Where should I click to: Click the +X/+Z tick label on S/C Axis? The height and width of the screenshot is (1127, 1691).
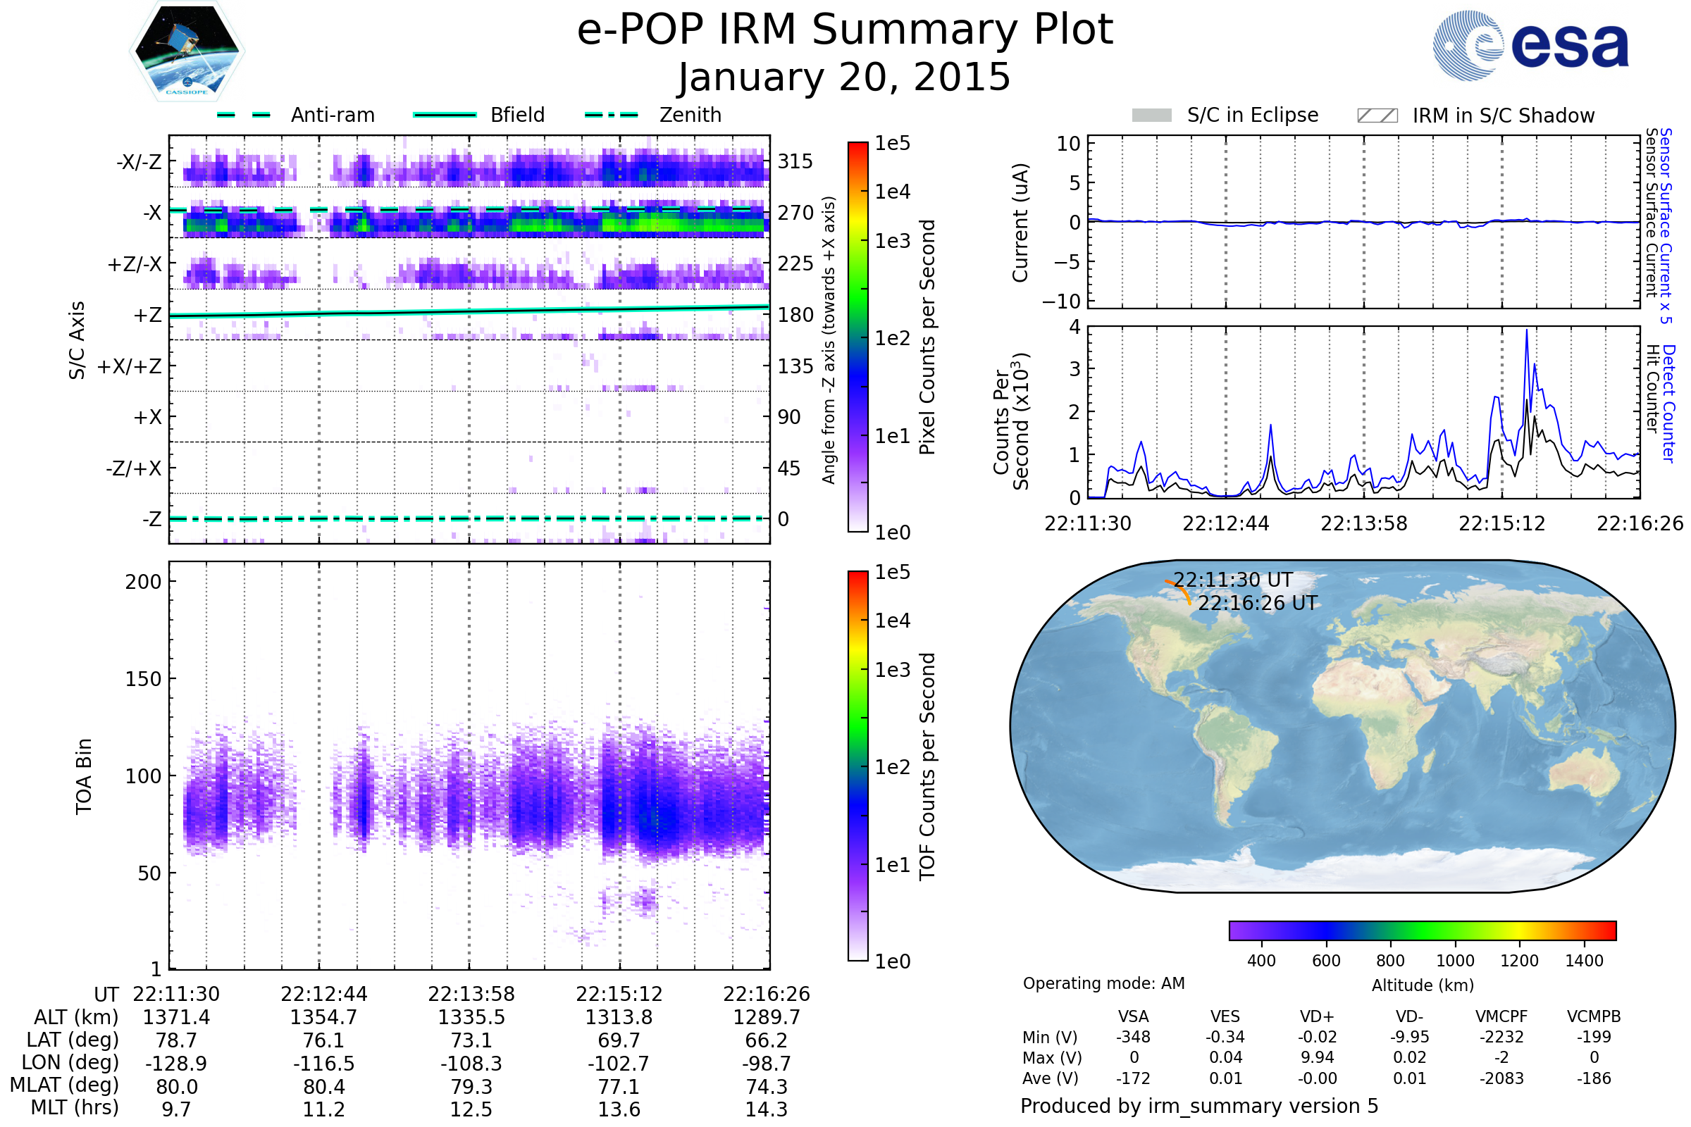(130, 366)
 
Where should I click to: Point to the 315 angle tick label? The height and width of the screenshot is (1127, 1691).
(795, 161)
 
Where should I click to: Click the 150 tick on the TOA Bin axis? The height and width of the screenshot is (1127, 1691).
(143, 678)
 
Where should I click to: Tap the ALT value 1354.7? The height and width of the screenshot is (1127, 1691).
(323, 1017)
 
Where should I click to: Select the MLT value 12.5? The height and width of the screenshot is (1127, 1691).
(471, 1109)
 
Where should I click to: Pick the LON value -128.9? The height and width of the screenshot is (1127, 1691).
(176, 1063)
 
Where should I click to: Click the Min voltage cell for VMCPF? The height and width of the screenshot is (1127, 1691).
(1501, 1037)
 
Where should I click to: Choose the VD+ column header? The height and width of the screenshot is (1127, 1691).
(1316, 1016)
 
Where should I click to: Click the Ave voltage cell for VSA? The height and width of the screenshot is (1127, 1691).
(1133, 1078)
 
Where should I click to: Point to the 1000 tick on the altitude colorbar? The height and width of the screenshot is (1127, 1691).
(1454, 960)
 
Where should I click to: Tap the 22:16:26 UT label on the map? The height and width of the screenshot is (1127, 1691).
(1258, 603)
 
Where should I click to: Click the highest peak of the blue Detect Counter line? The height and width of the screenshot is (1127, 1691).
(1526, 330)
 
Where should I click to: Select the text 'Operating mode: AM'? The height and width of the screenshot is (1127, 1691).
(1103, 983)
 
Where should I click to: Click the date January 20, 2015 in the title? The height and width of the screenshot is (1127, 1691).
(845, 77)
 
